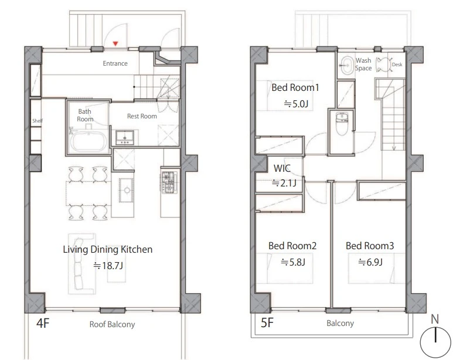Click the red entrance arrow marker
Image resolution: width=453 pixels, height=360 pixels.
point(115,43)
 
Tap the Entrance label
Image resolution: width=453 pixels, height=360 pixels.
point(115,63)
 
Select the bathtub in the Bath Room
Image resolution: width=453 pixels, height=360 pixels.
point(89,142)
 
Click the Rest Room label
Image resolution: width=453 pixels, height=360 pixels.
point(142,116)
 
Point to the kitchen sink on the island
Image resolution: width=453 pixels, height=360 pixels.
point(127,190)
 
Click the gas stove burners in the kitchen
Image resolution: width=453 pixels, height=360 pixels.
point(169,182)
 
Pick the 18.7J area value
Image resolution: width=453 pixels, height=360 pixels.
point(108,266)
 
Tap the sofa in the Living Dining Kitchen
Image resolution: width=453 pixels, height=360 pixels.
point(79,264)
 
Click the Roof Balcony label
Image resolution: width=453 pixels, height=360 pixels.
point(112,324)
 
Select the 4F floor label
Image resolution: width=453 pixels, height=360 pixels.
point(43,323)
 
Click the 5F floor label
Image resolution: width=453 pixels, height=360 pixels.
point(267,322)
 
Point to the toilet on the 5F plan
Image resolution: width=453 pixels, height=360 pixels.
point(342,124)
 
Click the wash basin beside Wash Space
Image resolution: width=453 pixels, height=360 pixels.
point(346,65)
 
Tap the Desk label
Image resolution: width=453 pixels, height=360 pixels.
point(397,64)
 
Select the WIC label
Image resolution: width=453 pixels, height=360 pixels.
point(282,168)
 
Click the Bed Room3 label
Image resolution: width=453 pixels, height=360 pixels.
point(370,246)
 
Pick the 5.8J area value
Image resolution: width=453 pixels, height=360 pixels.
point(293,262)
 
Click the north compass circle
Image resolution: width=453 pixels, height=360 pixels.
point(435,342)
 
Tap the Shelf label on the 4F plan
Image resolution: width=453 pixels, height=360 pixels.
point(38,121)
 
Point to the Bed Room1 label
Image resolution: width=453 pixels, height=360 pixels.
point(295,87)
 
